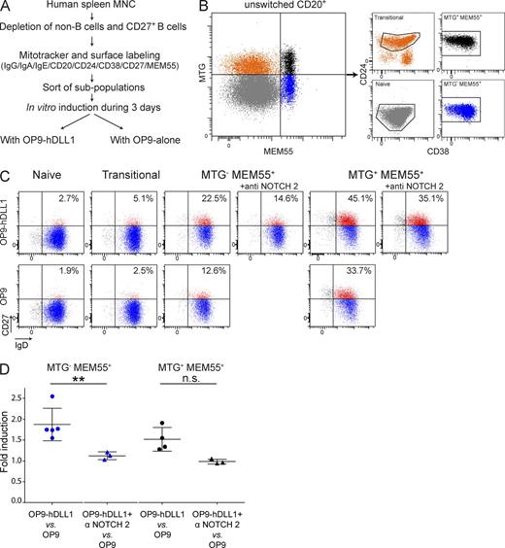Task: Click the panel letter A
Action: pos(8,8)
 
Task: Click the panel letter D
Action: pos(8,370)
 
